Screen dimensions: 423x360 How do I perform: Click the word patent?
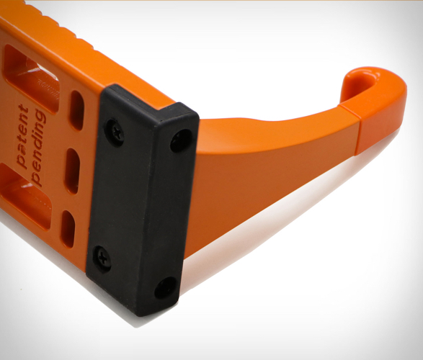tap(22, 136)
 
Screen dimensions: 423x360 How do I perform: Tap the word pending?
tap(38, 148)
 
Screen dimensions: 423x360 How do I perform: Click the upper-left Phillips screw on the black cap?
tap(115, 133)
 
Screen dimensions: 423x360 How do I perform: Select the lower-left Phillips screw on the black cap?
tap(102, 258)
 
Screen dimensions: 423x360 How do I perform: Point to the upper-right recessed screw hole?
tap(181, 140)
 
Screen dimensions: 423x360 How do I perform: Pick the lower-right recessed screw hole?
tap(165, 287)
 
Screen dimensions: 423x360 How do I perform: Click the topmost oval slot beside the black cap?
tap(77, 110)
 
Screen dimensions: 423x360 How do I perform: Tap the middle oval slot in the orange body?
tap(73, 171)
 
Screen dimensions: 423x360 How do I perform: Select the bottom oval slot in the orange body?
tap(68, 229)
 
